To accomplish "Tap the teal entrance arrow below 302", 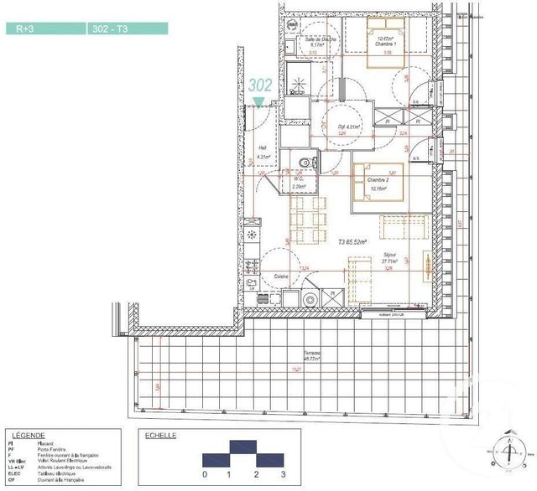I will [259, 102].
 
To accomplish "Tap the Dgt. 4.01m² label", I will [348, 127].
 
